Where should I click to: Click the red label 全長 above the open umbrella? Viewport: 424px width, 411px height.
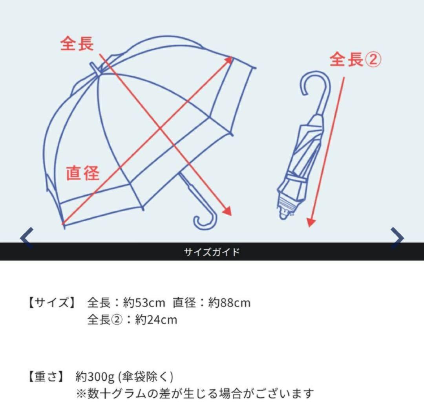[77, 44]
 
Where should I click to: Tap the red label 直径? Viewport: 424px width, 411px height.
[82, 173]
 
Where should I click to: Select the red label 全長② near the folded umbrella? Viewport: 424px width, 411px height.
[355, 60]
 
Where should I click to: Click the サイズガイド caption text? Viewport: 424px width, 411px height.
[212, 252]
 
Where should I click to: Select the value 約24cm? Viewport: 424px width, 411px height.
[156, 319]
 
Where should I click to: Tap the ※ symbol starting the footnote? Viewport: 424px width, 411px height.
[80, 393]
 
